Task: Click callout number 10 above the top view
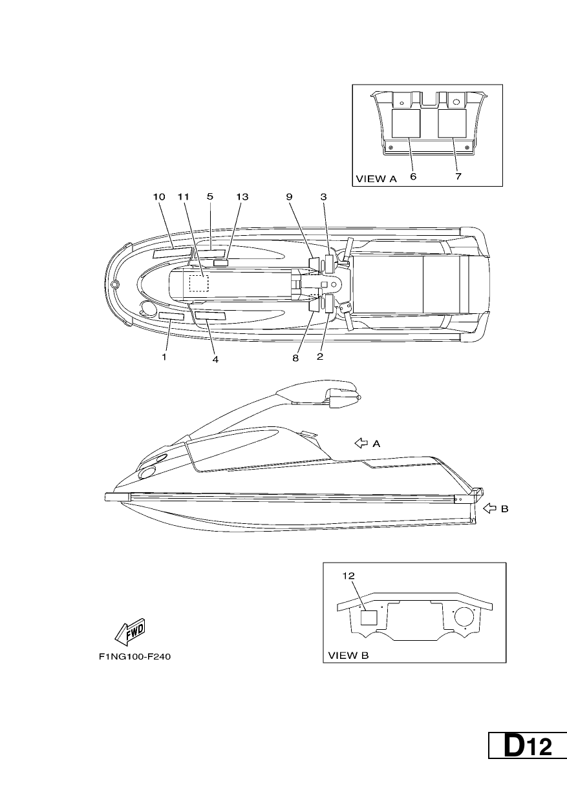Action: [x=159, y=196]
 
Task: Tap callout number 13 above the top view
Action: [x=242, y=196]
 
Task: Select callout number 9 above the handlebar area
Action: [x=289, y=196]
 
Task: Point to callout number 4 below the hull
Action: [x=215, y=359]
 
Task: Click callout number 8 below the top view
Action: [x=295, y=358]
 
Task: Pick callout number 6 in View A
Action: [x=413, y=176]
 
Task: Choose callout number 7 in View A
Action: [x=458, y=176]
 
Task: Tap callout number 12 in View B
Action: [x=348, y=576]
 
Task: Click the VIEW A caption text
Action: [x=376, y=179]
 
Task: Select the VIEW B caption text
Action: [x=348, y=656]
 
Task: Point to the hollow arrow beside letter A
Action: [x=361, y=443]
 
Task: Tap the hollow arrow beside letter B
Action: [x=489, y=508]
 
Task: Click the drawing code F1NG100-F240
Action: [x=135, y=657]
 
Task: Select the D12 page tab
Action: [x=528, y=745]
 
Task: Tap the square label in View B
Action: [x=369, y=618]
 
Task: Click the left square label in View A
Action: [x=406, y=123]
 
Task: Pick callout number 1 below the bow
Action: [x=164, y=357]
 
